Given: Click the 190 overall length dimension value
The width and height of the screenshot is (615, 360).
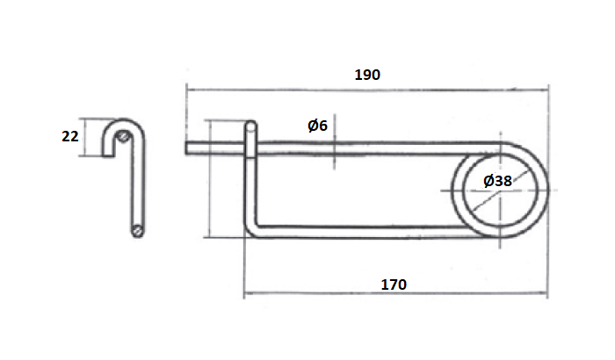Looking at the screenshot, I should tap(367, 75).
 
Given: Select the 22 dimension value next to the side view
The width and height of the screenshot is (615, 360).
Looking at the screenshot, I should tap(70, 136).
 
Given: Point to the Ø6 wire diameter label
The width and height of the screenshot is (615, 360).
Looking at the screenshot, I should tap(317, 126).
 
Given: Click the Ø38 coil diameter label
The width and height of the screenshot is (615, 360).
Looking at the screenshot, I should tap(497, 181).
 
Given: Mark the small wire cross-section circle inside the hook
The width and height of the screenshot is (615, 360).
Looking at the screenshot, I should tap(127, 137).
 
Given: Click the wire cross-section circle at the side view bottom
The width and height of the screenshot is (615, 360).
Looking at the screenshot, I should tap(138, 231).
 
